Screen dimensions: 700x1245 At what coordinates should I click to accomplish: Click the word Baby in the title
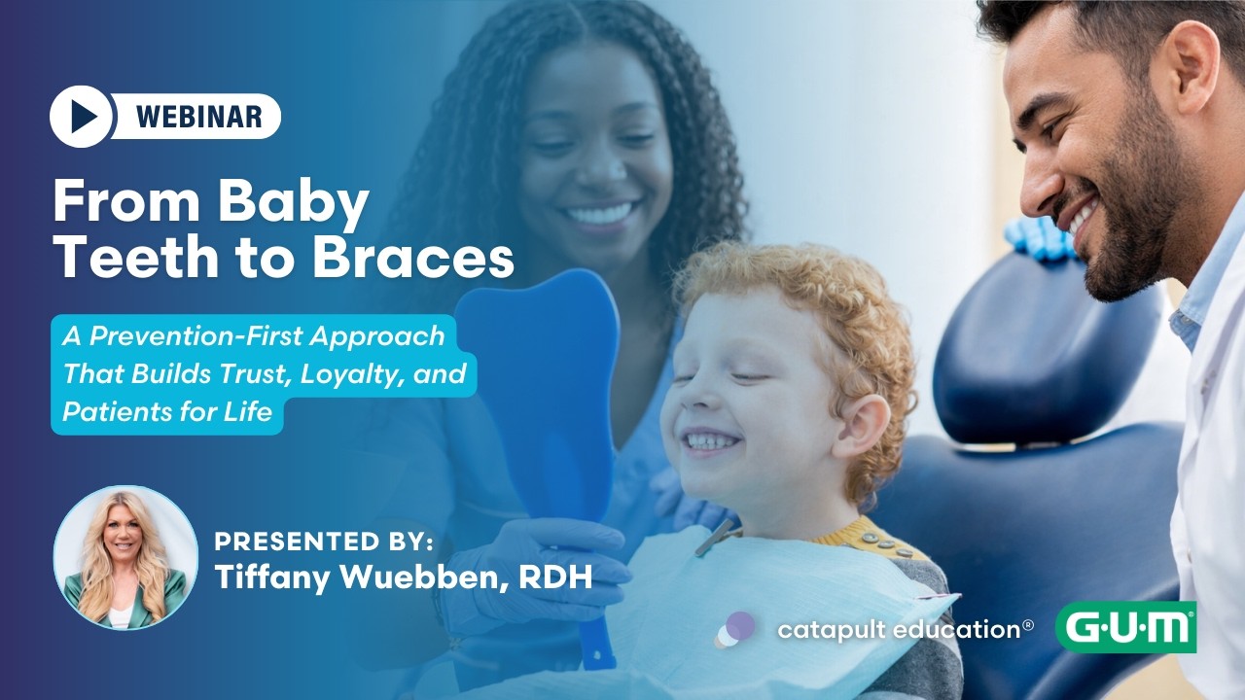tap(294, 202)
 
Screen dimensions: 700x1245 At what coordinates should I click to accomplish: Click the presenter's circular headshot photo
tap(125, 557)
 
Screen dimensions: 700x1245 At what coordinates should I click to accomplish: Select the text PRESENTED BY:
tap(324, 542)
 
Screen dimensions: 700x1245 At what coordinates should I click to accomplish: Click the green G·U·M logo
tap(1125, 627)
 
